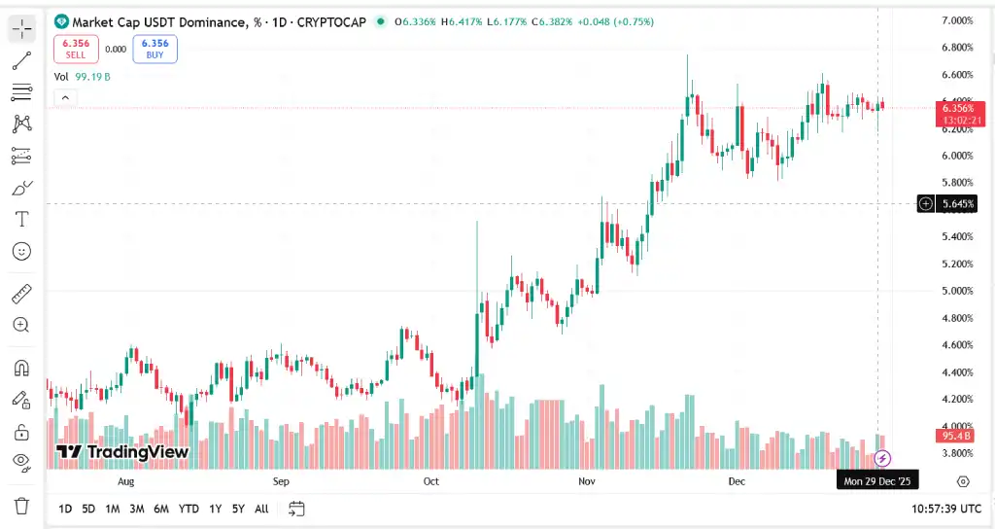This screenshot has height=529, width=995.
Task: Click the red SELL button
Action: (76, 49)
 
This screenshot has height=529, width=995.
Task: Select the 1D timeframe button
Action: (65, 509)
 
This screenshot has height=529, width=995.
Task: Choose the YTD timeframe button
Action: (189, 509)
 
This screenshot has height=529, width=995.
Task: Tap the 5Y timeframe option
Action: (238, 509)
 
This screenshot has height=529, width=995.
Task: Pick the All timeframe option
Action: (261, 509)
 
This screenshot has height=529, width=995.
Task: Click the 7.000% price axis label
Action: (957, 20)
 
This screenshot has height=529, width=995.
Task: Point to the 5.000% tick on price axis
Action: (957, 291)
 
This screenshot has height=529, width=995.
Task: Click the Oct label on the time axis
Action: (431, 481)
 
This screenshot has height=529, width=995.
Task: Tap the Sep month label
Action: (281, 481)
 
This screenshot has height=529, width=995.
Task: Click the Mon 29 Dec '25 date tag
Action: (877, 481)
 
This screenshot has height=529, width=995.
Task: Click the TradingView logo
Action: (122, 452)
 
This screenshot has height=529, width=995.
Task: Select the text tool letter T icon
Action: (21, 218)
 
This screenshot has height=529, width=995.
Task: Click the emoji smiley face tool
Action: (21, 251)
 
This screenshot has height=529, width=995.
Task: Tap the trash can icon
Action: (21, 506)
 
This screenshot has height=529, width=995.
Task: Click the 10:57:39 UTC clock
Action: (946, 509)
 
